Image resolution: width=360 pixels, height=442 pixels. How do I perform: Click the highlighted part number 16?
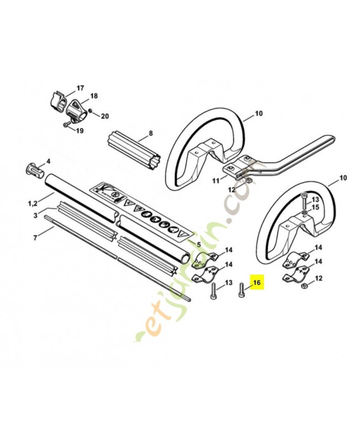point(256,283)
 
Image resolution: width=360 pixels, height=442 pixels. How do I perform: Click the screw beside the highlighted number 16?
point(241,290)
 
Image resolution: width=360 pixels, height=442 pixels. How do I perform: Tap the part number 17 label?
point(80,88)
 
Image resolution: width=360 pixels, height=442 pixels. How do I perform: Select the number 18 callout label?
point(94,96)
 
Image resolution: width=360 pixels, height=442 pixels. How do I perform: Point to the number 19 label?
point(80,131)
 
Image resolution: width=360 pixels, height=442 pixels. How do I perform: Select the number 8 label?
point(149,133)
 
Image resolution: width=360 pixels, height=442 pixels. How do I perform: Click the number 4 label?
point(48,161)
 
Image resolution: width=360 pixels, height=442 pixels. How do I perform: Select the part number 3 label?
point(35,214)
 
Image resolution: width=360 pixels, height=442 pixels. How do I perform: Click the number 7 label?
point(35,238)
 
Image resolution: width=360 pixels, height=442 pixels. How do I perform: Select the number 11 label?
point(216,180)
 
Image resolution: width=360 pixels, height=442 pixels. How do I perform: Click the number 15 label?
point(316,207)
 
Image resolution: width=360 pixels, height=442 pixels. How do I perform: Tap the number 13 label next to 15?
point(316,199)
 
